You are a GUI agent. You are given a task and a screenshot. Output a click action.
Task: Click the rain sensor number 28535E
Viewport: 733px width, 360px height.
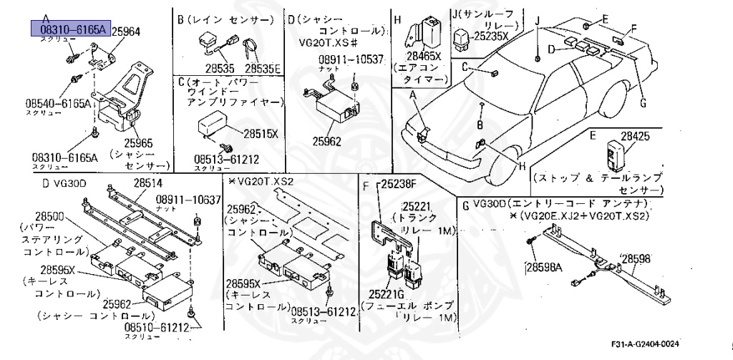263,68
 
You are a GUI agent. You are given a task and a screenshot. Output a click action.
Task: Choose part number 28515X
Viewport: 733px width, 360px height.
261,134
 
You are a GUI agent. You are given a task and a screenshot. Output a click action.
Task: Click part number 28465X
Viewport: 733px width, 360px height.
424,54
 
